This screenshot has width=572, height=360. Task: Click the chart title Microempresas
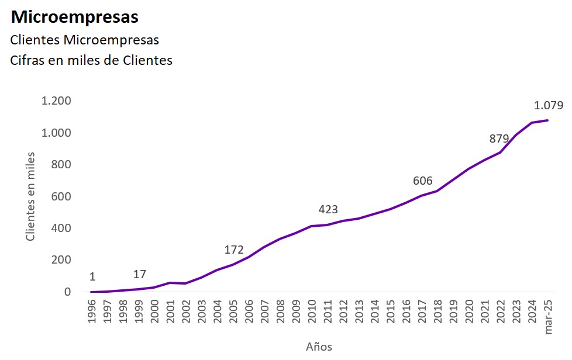(x=75, y=18)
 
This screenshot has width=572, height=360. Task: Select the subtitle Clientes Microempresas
(x=85, y=40)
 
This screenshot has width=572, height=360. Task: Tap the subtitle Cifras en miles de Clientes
(x=91, y=60)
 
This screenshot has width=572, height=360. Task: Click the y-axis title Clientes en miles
(x=31, y=196)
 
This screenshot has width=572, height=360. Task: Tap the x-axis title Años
(x=319, y=346)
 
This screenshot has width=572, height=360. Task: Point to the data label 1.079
(x=548, y=106)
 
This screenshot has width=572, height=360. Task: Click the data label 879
(x=499, y=139)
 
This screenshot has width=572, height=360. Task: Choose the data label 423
(x=328, y=209)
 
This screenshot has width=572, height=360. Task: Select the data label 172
(x=234, y=250)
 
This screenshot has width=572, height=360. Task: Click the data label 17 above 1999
(x=139, y=274)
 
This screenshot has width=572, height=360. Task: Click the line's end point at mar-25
(x=547, y=120)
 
